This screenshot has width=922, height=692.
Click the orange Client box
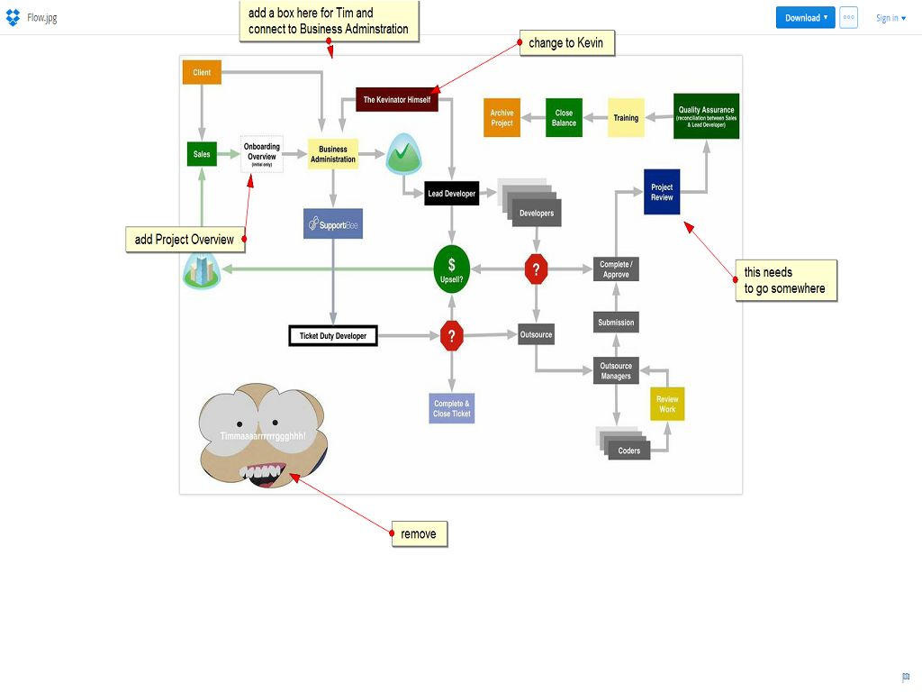[x=202, y=72]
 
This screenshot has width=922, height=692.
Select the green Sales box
[x=202, y=154]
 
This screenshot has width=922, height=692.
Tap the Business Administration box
[x=333, y=154]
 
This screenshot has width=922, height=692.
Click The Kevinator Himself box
[x=397, y=99]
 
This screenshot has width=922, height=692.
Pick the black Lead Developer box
[x=452, y=194]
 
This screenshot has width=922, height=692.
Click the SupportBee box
[x=333, y=223]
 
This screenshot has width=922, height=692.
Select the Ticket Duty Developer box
[x=333, y=336]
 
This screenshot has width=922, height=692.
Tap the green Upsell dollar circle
[x=451, y=268]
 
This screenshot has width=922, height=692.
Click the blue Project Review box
[x=662, y=192]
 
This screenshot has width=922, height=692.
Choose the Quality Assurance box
[x=706, y=116]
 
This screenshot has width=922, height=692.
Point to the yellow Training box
[x=626, y=118]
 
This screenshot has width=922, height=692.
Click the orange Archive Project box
[x=502, y=118]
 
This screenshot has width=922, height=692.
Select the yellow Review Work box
[x=667, y=404]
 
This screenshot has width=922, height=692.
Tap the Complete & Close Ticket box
[x=451, y=408]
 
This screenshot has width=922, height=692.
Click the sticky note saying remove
[x=420, y=534]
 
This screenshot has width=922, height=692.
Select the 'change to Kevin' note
[x=566, y=43]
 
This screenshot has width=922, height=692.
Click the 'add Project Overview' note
[x=185, y=240]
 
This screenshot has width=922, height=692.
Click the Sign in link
[x=890, y=18]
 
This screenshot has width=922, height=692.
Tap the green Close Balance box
[x=565, y=118]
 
